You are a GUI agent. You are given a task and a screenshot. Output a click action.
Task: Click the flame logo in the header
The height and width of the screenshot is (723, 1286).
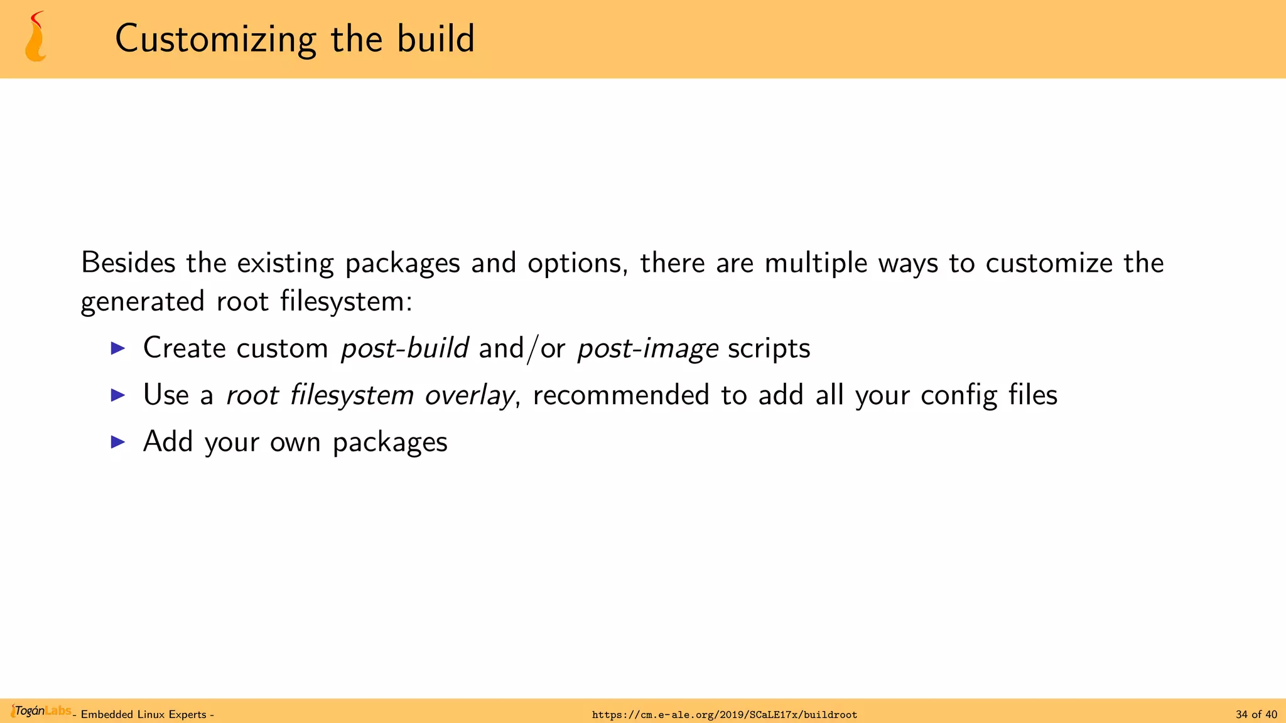[36, 37]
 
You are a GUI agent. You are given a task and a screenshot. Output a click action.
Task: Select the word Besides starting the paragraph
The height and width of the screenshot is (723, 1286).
[128, 262]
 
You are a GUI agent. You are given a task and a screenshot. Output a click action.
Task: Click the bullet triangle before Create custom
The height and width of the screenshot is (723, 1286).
[118, 348]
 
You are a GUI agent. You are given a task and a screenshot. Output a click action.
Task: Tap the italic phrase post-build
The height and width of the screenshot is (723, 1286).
[404, 348]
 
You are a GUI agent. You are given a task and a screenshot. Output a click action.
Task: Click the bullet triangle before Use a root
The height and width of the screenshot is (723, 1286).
[118, 395]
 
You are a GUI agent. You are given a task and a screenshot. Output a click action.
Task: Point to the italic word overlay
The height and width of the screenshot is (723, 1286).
[470, 395]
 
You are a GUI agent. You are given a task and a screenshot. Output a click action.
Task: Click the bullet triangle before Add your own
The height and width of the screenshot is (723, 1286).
[118, 442]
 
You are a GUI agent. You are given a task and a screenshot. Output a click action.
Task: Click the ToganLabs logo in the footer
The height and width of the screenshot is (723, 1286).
[41, 711]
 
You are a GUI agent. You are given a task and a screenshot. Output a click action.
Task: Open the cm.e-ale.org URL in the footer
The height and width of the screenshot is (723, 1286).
[724, 715]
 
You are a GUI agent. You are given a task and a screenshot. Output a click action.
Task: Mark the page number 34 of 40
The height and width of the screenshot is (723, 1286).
[1256, 715]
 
